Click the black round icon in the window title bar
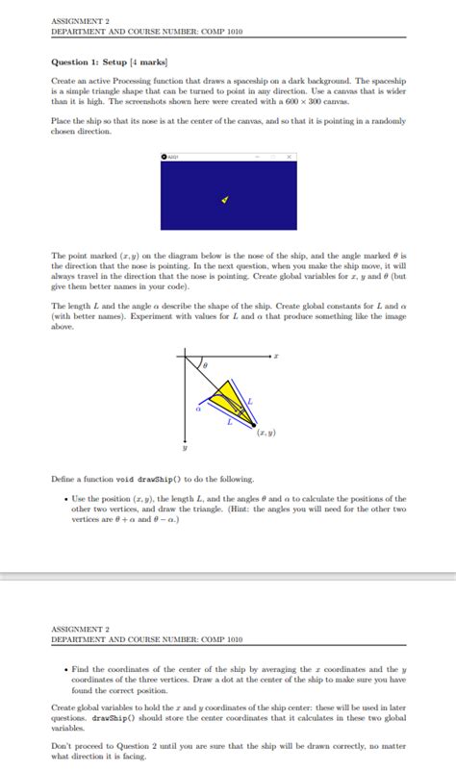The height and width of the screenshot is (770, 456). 165,157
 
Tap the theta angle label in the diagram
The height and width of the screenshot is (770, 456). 203,366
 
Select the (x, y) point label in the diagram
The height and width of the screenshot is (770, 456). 266,434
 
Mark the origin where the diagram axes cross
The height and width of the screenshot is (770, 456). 185,356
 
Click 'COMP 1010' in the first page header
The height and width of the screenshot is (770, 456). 221,31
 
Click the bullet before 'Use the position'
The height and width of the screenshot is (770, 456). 63,499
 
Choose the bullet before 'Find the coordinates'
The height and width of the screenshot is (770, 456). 63,669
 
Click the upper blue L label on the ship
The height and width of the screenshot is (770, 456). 251,399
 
